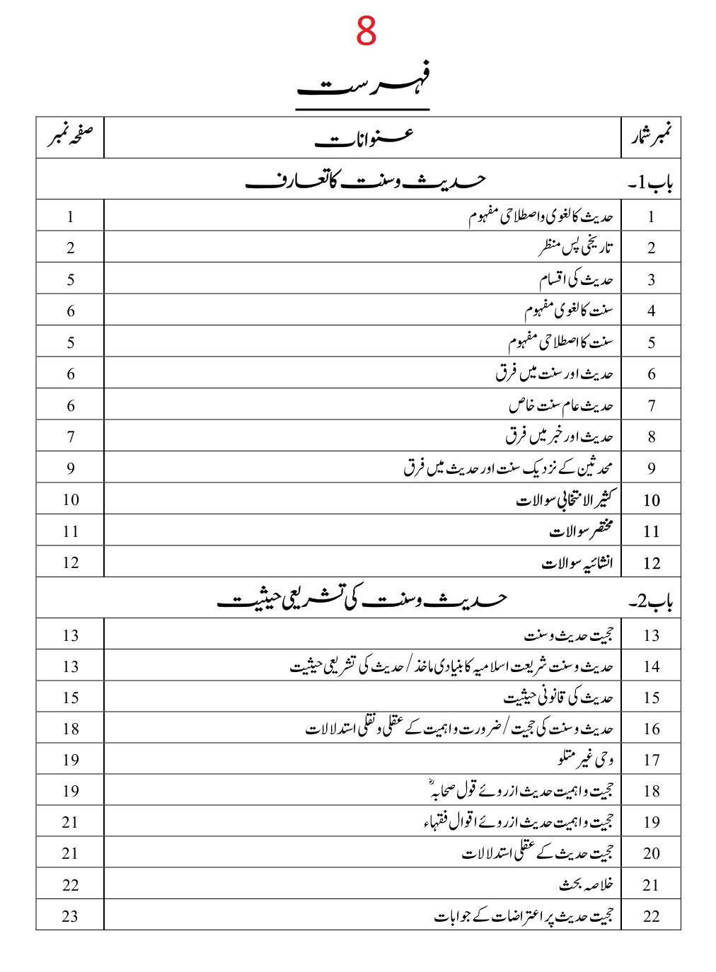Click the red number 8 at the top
(x=366, y=32)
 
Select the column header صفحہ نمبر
(x=71, y=137)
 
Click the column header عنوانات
(x=363, y=138)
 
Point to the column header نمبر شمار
(x=651, y=138)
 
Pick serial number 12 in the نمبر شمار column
(x=651, y=563)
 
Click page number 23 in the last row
(x=70, y=916)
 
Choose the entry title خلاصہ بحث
(x=586, y=885)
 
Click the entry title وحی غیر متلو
(x=585, y=760)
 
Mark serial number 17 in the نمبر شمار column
(x=651, y=760)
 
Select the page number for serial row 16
(x=70, y=729)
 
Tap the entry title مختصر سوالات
(x=581, y=531)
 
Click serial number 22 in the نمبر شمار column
(x=651, y=916)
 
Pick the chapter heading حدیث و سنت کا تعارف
(x=364, y=180)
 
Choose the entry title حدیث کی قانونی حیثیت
(x=558, y=698)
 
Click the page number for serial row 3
(x=70, y=279)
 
